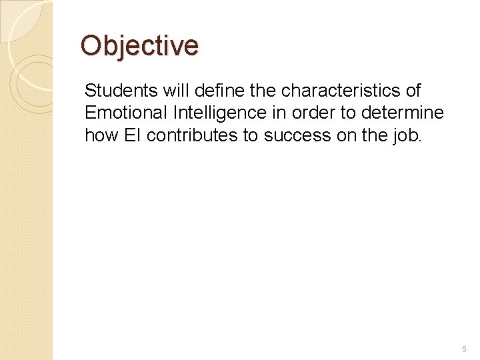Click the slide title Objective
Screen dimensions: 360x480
139,46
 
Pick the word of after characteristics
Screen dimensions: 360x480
413,90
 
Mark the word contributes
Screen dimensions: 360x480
191,135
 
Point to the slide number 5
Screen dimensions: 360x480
464,349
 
